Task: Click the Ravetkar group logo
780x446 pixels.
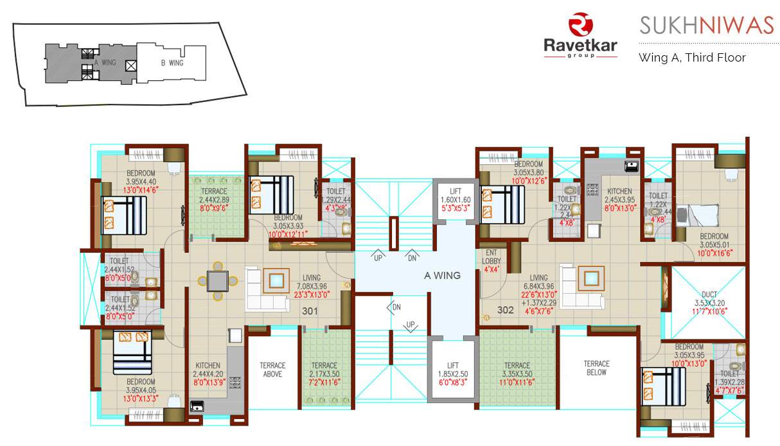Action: [580, 36]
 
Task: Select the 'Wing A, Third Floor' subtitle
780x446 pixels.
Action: [692, 57]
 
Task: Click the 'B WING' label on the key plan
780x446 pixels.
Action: [172, 63]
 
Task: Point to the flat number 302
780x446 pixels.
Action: [506, 311]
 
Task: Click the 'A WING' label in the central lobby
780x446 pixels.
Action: [442, 275]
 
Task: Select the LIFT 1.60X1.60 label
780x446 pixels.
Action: [456, 200]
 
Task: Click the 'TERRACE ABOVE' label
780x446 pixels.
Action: [272, 369]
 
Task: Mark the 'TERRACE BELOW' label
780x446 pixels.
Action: [596, 367]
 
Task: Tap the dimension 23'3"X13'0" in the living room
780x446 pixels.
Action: [313, 295]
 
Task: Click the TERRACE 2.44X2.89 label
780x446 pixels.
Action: [213, 200]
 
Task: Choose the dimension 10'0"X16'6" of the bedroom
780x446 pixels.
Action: [714, 253]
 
